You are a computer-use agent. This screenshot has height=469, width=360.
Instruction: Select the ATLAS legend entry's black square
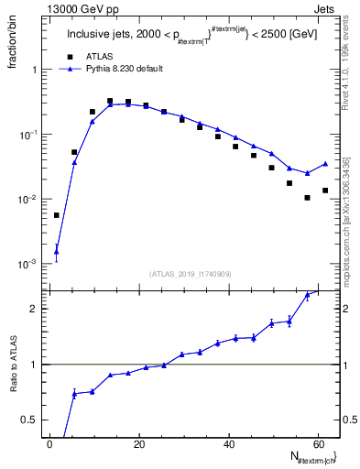coord(74,56)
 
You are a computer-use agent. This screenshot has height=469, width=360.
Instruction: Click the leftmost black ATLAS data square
coord(56,215)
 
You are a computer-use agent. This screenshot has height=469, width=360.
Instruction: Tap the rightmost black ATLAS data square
coord(325,191)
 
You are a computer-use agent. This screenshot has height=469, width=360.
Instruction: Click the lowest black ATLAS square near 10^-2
coord(307,198)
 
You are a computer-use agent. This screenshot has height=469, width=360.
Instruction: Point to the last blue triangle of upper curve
coord(325,164)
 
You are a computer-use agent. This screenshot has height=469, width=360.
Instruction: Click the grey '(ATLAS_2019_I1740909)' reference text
coord(191,274)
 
